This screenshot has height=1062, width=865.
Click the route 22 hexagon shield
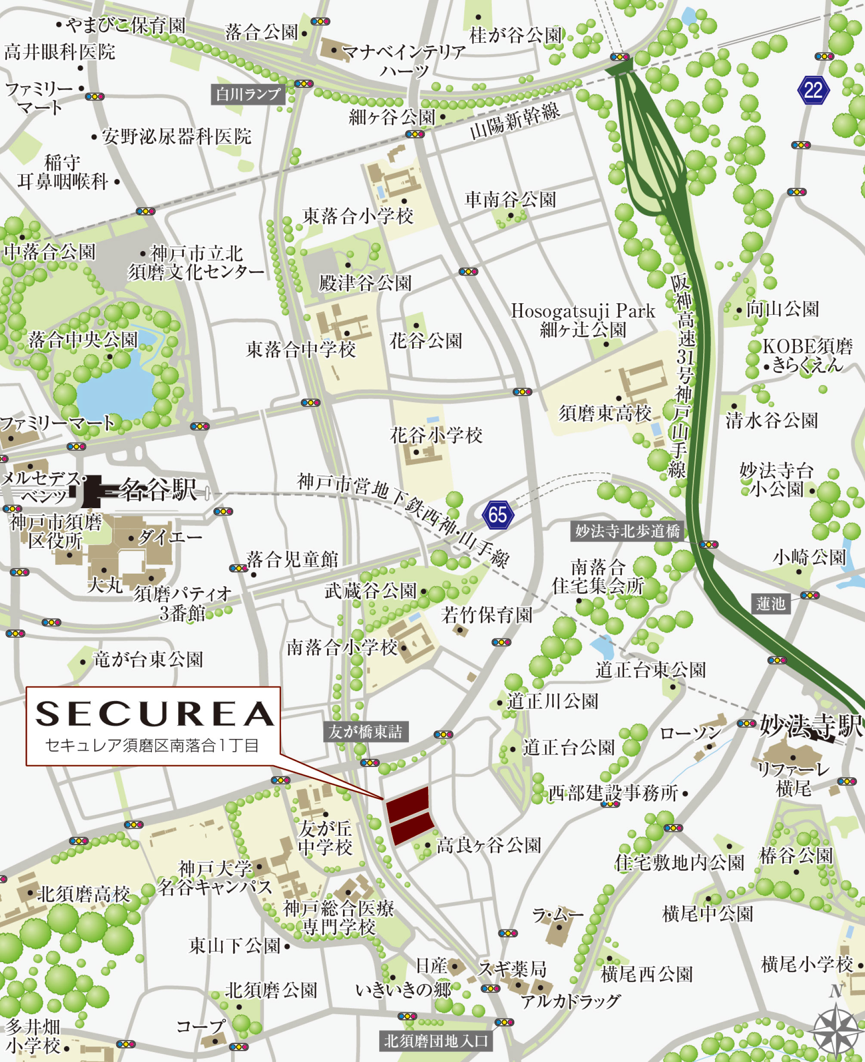[813, 90]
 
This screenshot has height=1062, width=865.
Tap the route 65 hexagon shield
[497, 515]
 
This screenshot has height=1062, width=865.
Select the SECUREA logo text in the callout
[154, 714]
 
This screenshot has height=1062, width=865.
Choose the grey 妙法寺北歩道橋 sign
[627, 531]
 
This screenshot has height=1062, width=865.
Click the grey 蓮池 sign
[770, 604]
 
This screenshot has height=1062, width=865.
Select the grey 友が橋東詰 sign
[365, 732]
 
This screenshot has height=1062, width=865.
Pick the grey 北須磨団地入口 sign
[436, 1041]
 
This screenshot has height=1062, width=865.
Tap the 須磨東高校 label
[604, 413]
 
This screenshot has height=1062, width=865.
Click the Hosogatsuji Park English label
[583, 311]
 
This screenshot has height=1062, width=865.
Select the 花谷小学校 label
[436, 435]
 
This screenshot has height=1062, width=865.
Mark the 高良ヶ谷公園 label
[488, 845]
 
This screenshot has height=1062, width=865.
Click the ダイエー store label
[170, 537]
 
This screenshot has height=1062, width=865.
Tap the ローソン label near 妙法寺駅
[691, 733]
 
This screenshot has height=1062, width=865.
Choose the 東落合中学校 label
[301, 350]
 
